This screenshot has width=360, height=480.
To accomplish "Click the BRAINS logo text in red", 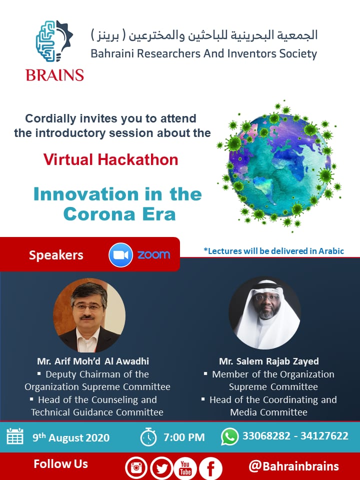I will tap(55, 74).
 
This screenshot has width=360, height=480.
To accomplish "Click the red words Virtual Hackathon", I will tap(110, 159).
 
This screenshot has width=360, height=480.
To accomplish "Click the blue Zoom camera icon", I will tap(120, 254).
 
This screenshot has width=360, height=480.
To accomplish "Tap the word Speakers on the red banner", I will tap(56, 255).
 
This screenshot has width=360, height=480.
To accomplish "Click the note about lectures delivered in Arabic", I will tap(273, 251).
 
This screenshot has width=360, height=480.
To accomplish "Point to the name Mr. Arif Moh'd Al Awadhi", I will tap(93, 361).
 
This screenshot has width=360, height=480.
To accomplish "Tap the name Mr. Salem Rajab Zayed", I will tap(269, 361).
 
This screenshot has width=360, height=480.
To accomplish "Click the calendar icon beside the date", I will tap(15, 437).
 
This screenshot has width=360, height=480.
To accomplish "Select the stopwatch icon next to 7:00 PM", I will tap(148, 437).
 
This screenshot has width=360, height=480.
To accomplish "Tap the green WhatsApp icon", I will tap(229, 436).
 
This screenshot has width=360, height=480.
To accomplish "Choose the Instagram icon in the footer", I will tap(136, 468).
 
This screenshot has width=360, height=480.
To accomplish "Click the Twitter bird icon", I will tap(161, 468).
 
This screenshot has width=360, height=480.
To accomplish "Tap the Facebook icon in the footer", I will tap(210, 468).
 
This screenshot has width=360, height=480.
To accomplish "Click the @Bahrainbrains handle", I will tap(294, 466).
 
